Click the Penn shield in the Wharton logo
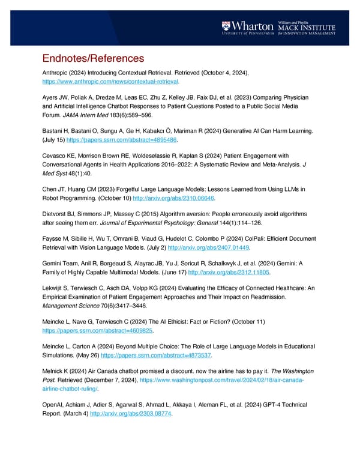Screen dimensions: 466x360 click(226, 26)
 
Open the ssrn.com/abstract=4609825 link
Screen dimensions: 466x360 click(98, 330)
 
